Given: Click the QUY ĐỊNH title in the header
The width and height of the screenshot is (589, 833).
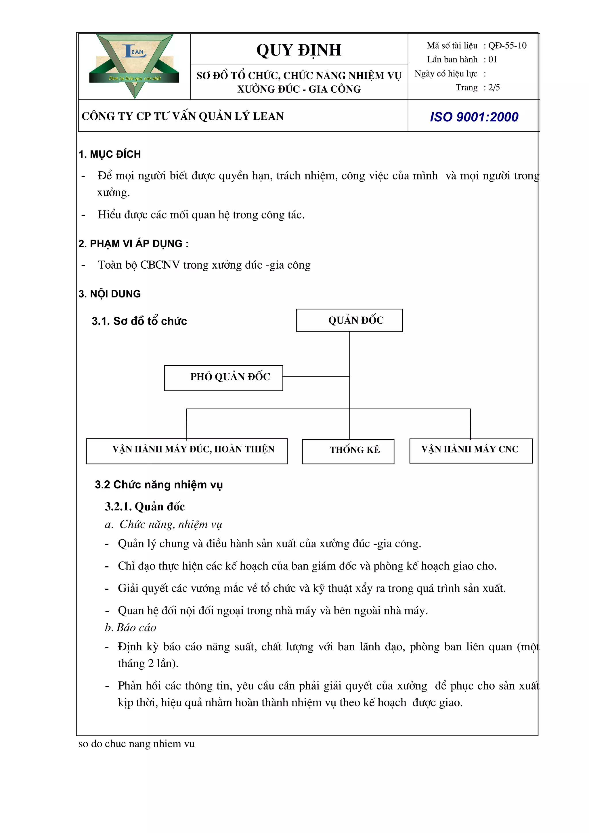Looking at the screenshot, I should [299, 50].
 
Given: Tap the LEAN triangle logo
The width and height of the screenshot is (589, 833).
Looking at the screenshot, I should [135, 65].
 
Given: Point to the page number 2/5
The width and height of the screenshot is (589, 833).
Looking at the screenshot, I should [494, 87].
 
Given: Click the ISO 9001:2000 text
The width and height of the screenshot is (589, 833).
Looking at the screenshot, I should [474, 117].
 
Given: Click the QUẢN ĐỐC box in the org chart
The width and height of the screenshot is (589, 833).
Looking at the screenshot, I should [349, 320].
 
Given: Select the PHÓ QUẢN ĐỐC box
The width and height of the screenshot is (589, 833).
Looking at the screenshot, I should [223, 378].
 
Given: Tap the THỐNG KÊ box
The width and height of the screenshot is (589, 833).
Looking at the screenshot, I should [348, 451].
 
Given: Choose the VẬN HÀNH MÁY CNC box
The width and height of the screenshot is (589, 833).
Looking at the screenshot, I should [471, 450].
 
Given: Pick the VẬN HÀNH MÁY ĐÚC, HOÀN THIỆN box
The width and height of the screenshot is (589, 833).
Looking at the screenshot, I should [187, 451].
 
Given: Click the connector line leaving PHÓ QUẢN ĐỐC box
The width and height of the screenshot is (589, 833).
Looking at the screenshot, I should [315, 376].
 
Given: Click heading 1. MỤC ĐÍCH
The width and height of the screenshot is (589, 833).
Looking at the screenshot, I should [110, 154].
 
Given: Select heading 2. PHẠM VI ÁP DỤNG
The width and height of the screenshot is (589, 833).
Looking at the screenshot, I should [133, 243].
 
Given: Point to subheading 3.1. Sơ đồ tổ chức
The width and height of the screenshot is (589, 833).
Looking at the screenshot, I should [139, 321].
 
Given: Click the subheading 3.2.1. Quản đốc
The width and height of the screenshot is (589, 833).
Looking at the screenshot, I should [145, 506].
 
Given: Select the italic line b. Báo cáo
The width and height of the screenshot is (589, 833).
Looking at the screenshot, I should [130, 627].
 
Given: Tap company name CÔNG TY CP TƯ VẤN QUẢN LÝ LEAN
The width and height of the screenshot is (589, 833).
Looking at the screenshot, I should [182, 116].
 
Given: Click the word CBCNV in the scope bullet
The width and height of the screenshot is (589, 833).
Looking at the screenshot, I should [160, 265].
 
